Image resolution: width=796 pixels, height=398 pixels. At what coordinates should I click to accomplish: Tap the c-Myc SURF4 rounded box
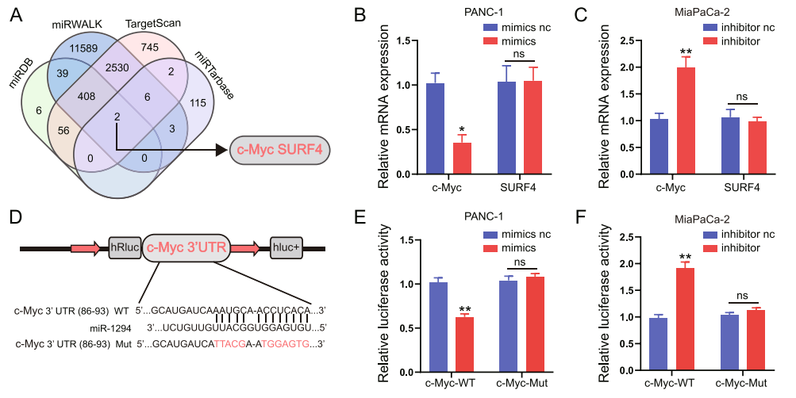point(279,148)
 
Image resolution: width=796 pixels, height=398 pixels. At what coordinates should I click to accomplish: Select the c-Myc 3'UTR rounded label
point(187,249)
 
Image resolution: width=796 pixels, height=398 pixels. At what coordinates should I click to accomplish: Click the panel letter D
point(15,215)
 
